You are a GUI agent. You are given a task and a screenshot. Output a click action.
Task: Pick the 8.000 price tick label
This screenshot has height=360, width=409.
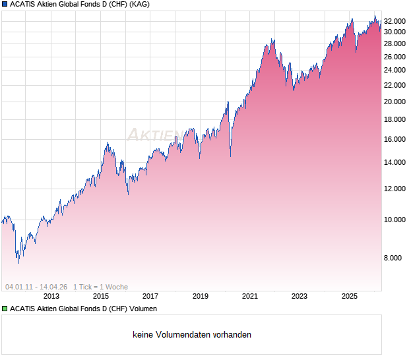point(396,258)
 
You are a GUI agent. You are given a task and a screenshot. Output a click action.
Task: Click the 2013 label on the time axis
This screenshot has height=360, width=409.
point(51,297)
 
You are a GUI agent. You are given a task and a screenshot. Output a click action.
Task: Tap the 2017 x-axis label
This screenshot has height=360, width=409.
point(150,297)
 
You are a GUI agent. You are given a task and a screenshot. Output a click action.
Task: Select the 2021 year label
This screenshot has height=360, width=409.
point(250,297)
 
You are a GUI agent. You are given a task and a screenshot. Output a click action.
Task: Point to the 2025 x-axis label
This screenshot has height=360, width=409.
point(350,297)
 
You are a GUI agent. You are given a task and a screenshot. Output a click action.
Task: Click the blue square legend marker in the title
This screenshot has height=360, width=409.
point(5,5)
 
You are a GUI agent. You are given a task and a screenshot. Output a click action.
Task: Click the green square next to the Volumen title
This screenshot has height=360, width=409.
point(5,309)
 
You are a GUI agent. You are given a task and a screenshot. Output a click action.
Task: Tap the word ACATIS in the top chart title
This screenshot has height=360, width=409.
point(24,5)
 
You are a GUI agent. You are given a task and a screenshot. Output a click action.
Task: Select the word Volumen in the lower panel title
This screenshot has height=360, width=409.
point(142,309)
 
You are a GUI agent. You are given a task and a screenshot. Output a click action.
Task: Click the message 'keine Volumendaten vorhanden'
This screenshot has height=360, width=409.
point(192,335)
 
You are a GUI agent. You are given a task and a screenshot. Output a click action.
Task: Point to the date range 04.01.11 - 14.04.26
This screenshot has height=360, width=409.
point(36,287)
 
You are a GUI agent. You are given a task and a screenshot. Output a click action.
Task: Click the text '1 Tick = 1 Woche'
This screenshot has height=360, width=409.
point(100,287)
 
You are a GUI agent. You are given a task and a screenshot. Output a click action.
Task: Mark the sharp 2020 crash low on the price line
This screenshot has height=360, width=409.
point(230,156)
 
